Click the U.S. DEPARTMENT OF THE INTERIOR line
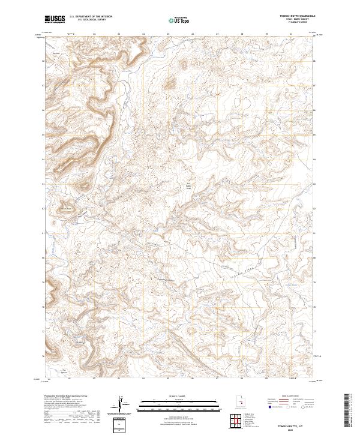(x=91, y=17)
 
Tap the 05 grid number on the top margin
(x=168, y=34)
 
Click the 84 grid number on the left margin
(x=43, y=159)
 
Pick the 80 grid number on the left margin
(x=43, y=257)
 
